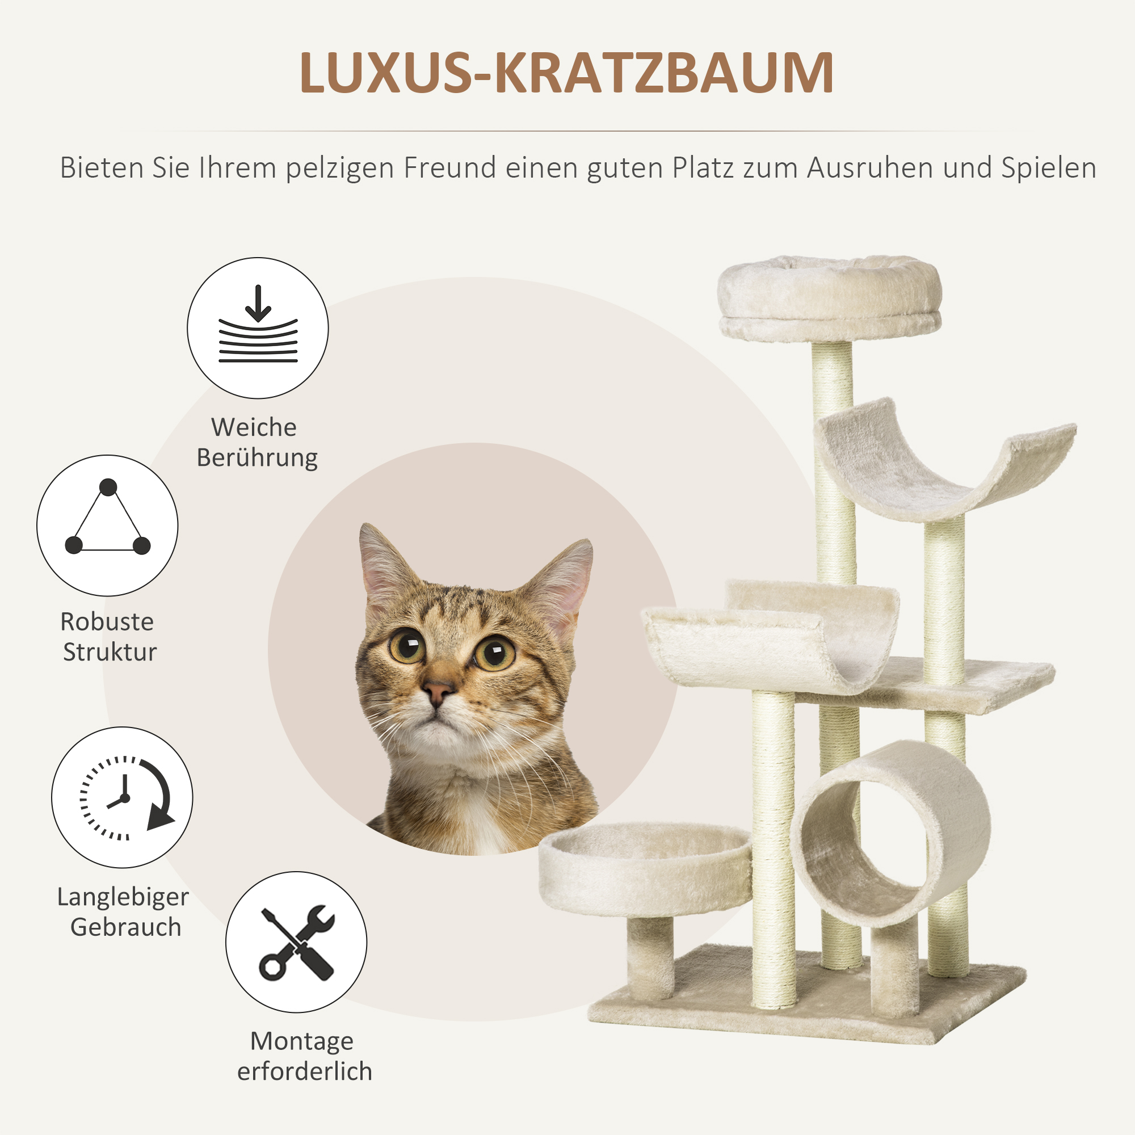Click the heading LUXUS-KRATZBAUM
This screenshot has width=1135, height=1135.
(x=566, y=73)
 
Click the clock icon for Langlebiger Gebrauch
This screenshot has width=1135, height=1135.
(x=122, y=797)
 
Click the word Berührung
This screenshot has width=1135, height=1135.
(x=257, y=457)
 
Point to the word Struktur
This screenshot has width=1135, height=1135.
(x=110, y=652)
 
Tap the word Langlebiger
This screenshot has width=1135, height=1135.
(x=123, y=897)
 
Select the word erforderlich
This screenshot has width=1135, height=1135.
(x=304, y=1071)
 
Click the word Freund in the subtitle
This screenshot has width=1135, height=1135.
(x=449, y=168)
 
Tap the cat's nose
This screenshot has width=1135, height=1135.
(x=438, y=691)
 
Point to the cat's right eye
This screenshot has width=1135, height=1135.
(x=494, y=652)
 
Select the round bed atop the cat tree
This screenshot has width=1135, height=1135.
(x=830, y=297)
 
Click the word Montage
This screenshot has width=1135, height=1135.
(x=302, y=1041)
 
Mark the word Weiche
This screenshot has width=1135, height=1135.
(x=254, y=427)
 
